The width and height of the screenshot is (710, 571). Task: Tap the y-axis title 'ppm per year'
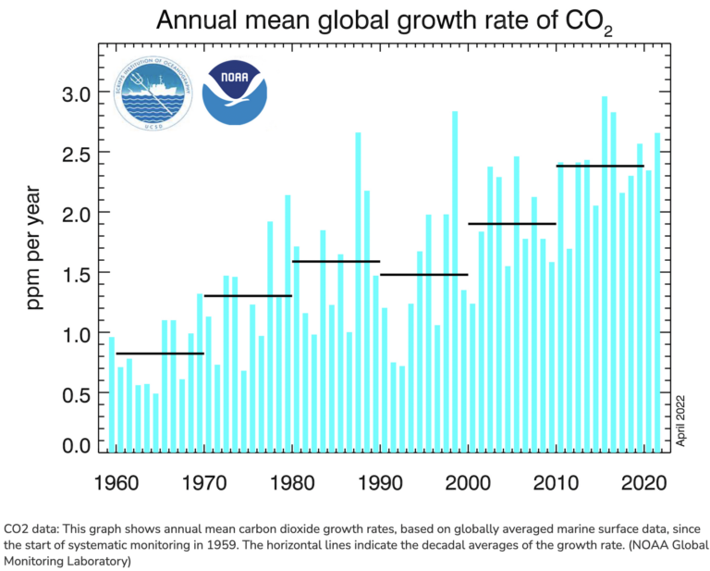(35, 250)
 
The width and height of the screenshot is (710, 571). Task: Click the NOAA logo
(234, 93)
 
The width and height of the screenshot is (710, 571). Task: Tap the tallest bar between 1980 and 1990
(358, 292)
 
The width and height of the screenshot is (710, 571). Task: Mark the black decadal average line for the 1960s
(159, 354)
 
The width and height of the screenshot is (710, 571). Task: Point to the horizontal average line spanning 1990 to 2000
(424, 275)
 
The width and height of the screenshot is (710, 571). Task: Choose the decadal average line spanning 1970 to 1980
(248, 296)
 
